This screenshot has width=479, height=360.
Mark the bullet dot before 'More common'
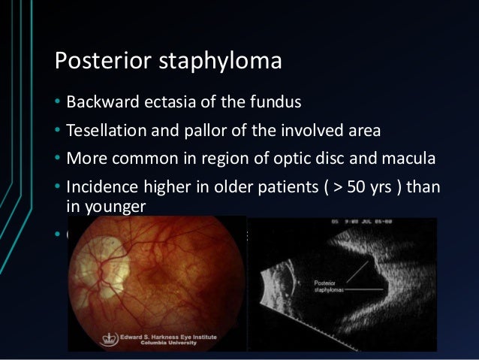pyautogui.click(x=57, y=161)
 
